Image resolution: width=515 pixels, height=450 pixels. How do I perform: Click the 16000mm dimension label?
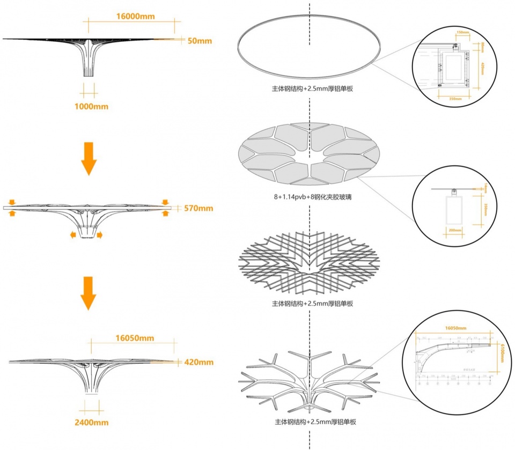click(135, 16)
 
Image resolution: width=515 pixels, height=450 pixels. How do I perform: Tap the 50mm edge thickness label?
click(200, 41)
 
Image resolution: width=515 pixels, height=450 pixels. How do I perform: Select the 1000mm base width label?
click(91, 106)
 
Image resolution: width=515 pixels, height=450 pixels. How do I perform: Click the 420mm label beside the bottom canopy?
click(198, 362)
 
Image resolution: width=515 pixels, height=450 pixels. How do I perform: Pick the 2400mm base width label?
click(91, 422)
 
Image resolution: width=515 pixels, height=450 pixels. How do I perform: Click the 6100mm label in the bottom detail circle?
click(501, 352)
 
